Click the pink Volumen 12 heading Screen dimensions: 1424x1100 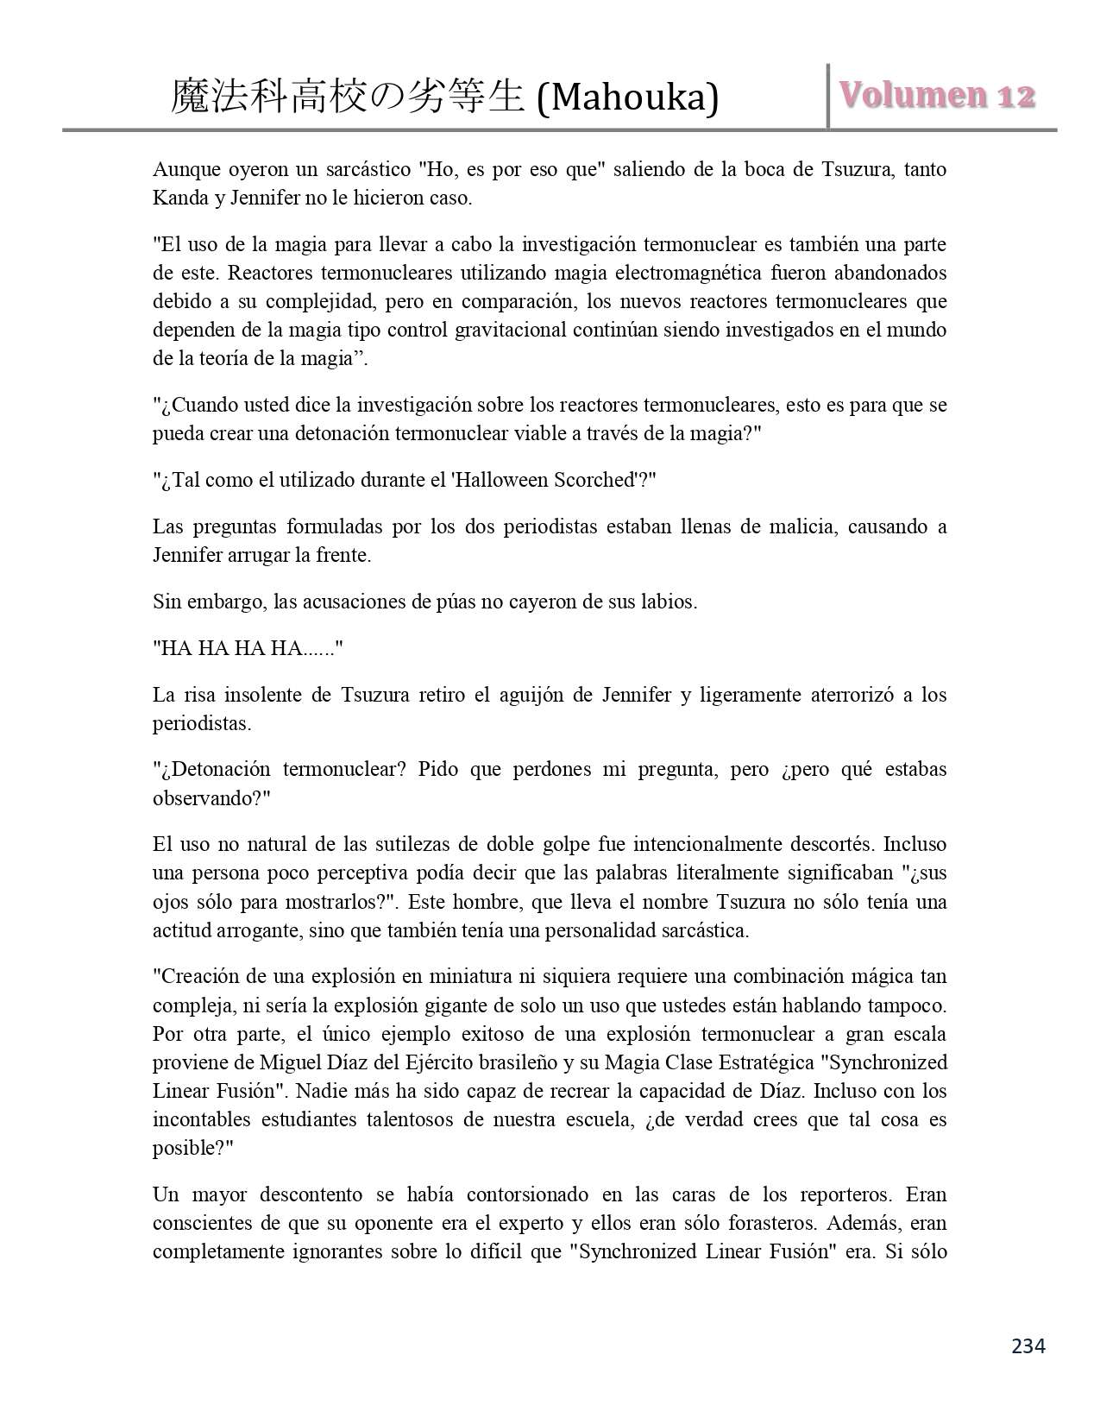click(x=937, y=95)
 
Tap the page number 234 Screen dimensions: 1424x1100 click(x=1028, y=1345)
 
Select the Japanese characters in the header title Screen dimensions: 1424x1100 click(x=348, y=98)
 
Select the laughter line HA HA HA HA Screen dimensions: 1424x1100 click(x=248, y=648)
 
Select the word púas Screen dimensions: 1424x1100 click(x=455, y=602)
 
